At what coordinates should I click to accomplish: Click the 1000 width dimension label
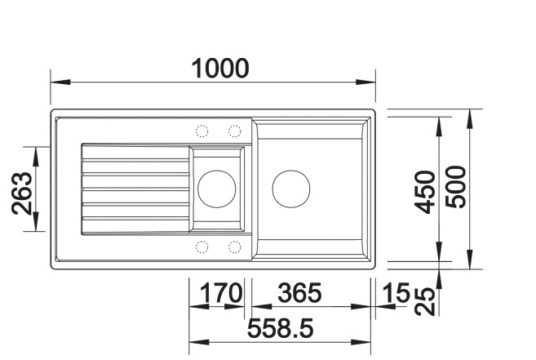coord(219,69)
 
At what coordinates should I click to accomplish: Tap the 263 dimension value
coord(22,193)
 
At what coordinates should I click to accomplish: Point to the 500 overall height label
coord(455,187)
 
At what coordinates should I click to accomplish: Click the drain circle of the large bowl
coord(290,189)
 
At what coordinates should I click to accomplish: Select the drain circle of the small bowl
coord(216,189)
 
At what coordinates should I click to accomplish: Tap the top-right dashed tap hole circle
coord(234,131)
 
